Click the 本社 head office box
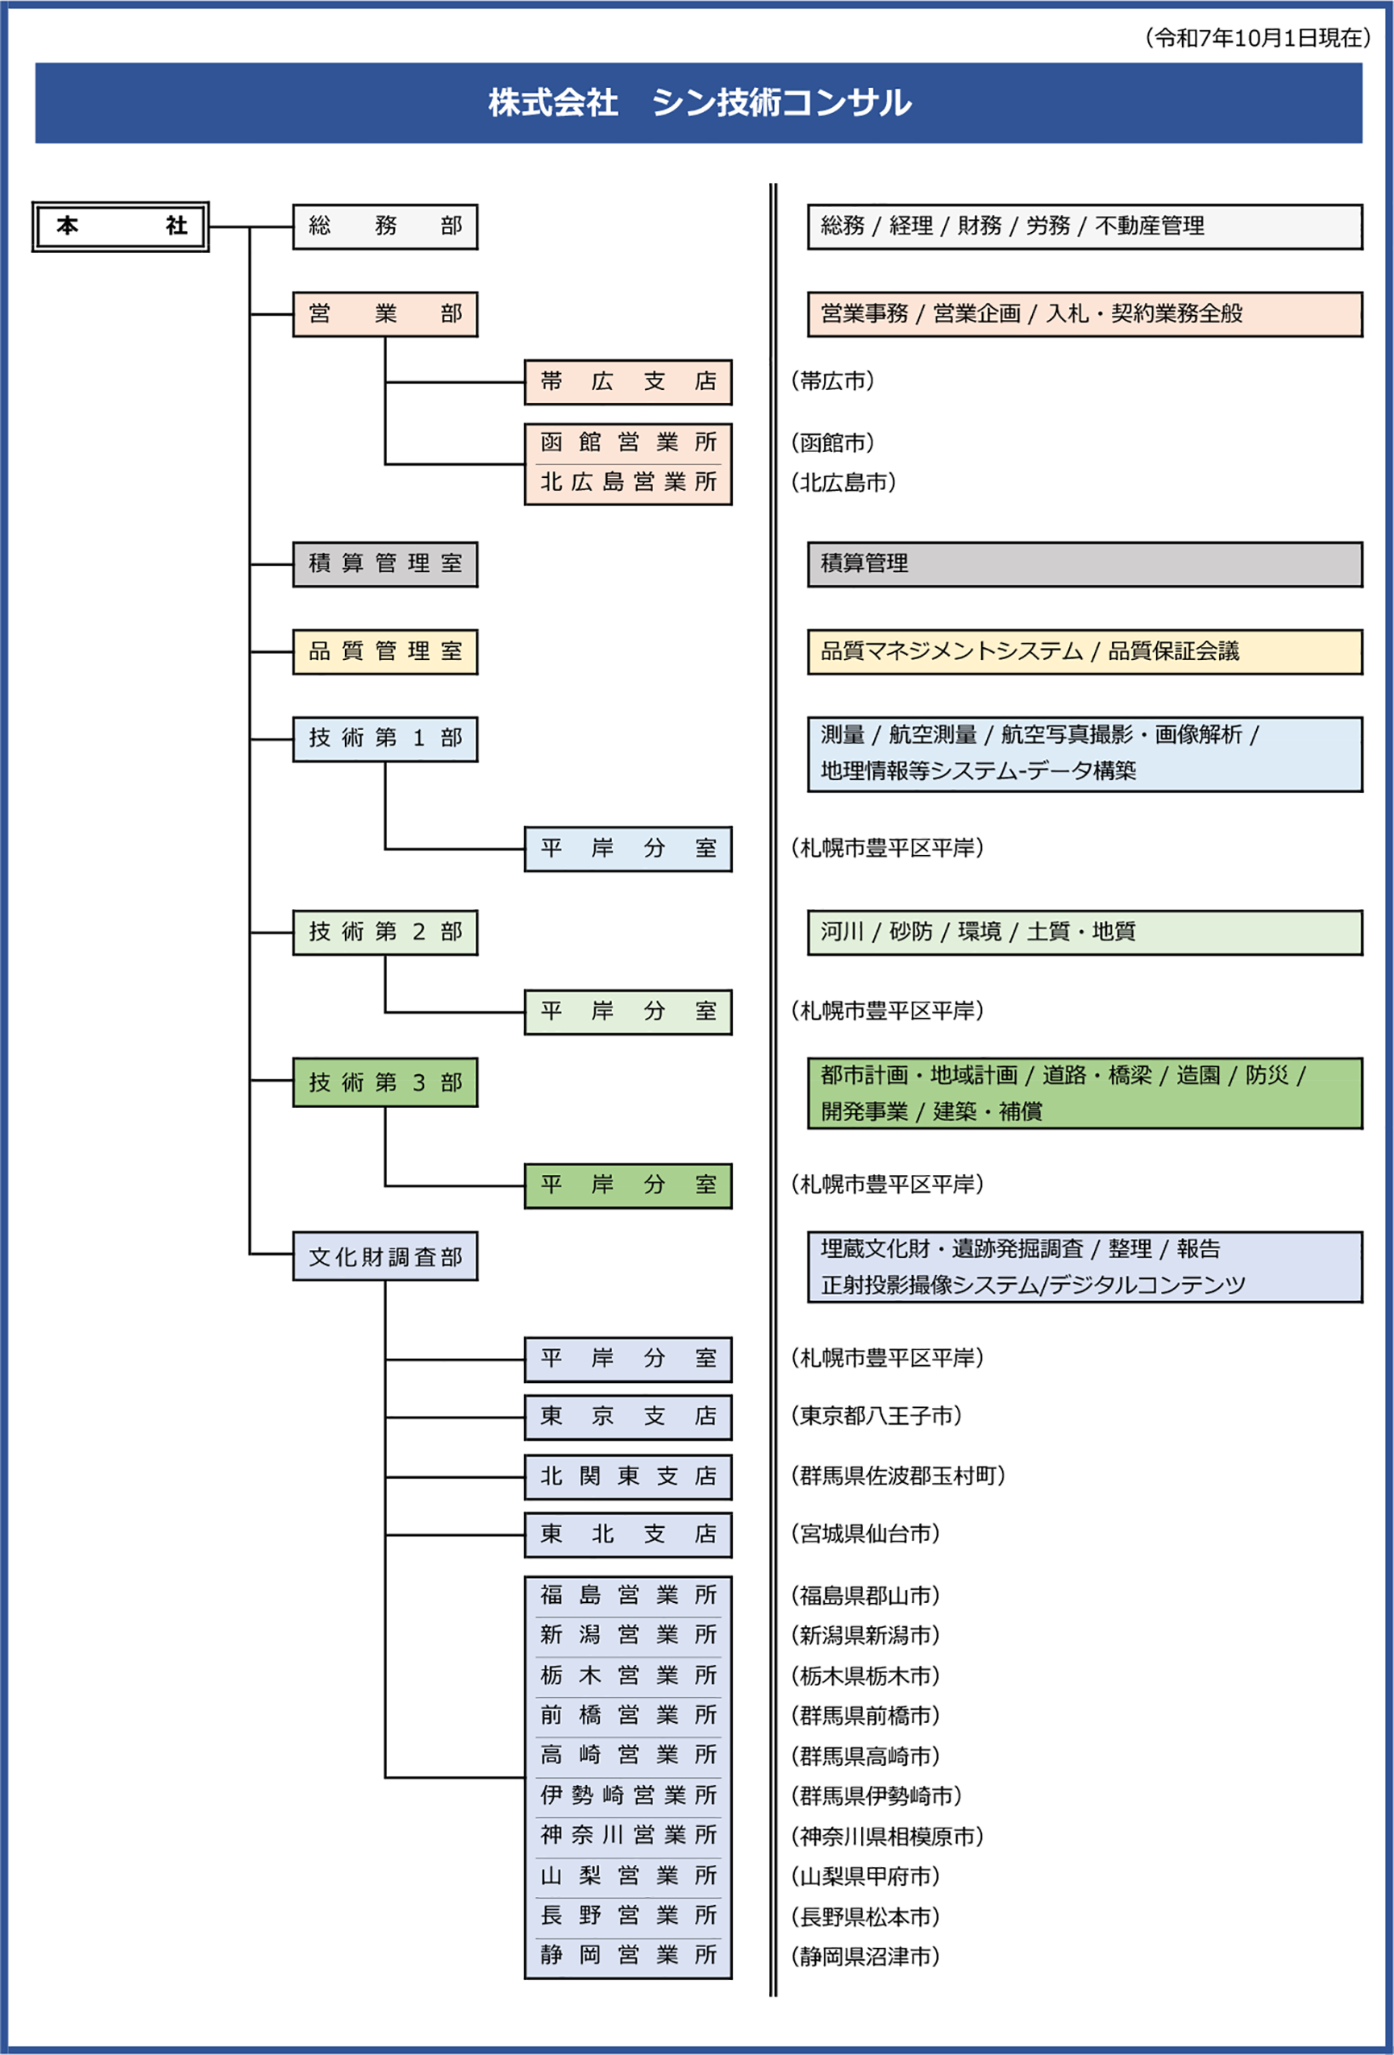[x=120, y=226]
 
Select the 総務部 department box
[x=385, y=226]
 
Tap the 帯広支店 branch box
[x=627, y=382]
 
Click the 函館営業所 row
[x=627, y=442]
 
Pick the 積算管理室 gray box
[x=385, y=564]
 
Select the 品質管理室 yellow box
[x=385, y=652]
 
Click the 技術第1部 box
[x=385, y=738]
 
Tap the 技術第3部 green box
[x=385, y=1082]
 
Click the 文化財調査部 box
[x=385, y=1256]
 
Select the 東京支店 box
[x=627, y=1417]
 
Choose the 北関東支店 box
[x=627, y=1476]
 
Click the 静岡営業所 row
[x=627, y=1955]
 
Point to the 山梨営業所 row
[x=627, y=1875]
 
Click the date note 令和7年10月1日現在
[x=1257, y=38]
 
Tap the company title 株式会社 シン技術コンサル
[x=699, y=102]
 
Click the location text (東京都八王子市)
[x=876, y=1417]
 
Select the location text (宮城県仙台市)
[x=865, y=1534]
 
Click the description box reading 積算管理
[x=1084, y=564]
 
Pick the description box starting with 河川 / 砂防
[x=1084, y=932]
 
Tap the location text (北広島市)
[x=843, y=483]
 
